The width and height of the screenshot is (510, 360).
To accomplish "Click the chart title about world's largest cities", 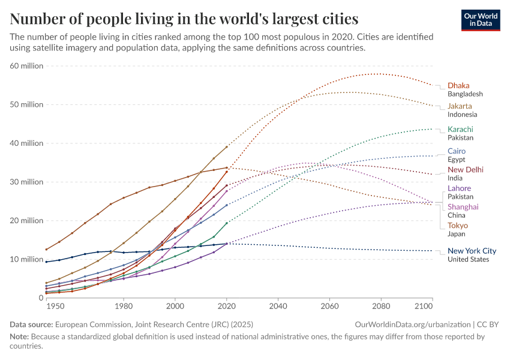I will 184,19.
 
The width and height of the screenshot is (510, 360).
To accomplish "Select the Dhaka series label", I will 458,85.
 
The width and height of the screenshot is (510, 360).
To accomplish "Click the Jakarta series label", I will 460,106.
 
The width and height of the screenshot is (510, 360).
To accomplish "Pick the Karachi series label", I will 460,129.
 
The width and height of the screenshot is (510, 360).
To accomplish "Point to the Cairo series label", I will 456,151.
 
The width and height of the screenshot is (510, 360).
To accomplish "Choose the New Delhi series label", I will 465,170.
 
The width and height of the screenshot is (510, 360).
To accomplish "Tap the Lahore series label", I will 459,188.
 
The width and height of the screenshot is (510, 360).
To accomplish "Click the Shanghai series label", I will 463,207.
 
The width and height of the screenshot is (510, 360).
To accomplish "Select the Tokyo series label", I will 457,226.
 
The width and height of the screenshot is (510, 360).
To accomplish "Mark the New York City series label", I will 472,251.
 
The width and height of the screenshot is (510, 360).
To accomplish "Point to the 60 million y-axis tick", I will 27,65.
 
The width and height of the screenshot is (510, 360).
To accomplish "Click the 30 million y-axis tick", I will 27,182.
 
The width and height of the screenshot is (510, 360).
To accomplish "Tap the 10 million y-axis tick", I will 27,259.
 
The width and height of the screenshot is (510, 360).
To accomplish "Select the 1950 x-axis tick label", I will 55,306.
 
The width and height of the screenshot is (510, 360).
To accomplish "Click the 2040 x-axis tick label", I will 278,306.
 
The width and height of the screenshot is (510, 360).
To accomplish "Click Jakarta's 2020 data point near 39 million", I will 227,147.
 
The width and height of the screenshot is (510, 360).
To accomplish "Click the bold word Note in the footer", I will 19,337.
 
